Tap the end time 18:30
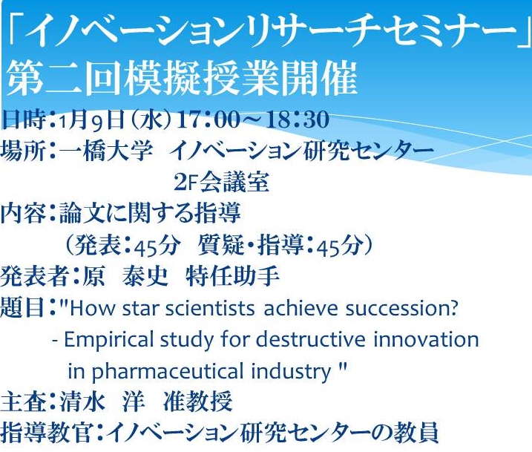[298, 119]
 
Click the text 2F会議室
[222, 183]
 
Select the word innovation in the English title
[426, 339]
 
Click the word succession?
[401, 308]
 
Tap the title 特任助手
[232, 276]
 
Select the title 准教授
[198, 402]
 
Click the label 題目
[22, 307]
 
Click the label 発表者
[35, 276]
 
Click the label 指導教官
[47, 433]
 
